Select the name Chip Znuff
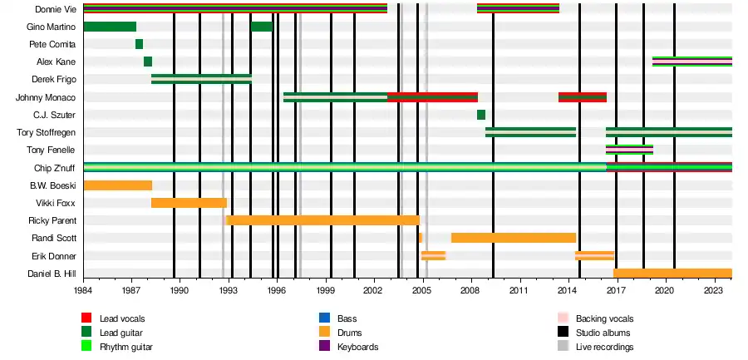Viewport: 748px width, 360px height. tap(57, 168)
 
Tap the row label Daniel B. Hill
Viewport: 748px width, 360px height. tap(52, 274)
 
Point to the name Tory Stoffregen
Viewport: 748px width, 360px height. tap(47, 132)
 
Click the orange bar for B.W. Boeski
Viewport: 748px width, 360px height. tap(117, 185)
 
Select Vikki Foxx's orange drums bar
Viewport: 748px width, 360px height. tap(189, 203)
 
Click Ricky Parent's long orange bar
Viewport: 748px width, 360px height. tap(322, 220)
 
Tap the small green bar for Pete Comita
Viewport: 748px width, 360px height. tap(139, 44)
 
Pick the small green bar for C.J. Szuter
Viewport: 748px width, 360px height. tap(481, 115)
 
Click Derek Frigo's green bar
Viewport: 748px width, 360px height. tap(201, 79)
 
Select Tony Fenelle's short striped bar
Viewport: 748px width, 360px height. tap(629, 150)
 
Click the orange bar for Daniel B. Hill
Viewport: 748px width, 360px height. tap(672, 274)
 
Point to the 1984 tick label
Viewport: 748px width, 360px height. tap(83, 292)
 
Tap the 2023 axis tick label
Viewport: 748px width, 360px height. tap(713, 292)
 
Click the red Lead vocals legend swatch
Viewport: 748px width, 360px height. tap(86, 318)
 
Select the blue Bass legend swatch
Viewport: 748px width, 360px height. tap(325, 318)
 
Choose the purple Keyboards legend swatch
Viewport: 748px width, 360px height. tap(325, 347)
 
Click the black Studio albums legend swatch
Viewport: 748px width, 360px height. tap(563, 333)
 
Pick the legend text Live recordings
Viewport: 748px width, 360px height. tap(604, 347)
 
